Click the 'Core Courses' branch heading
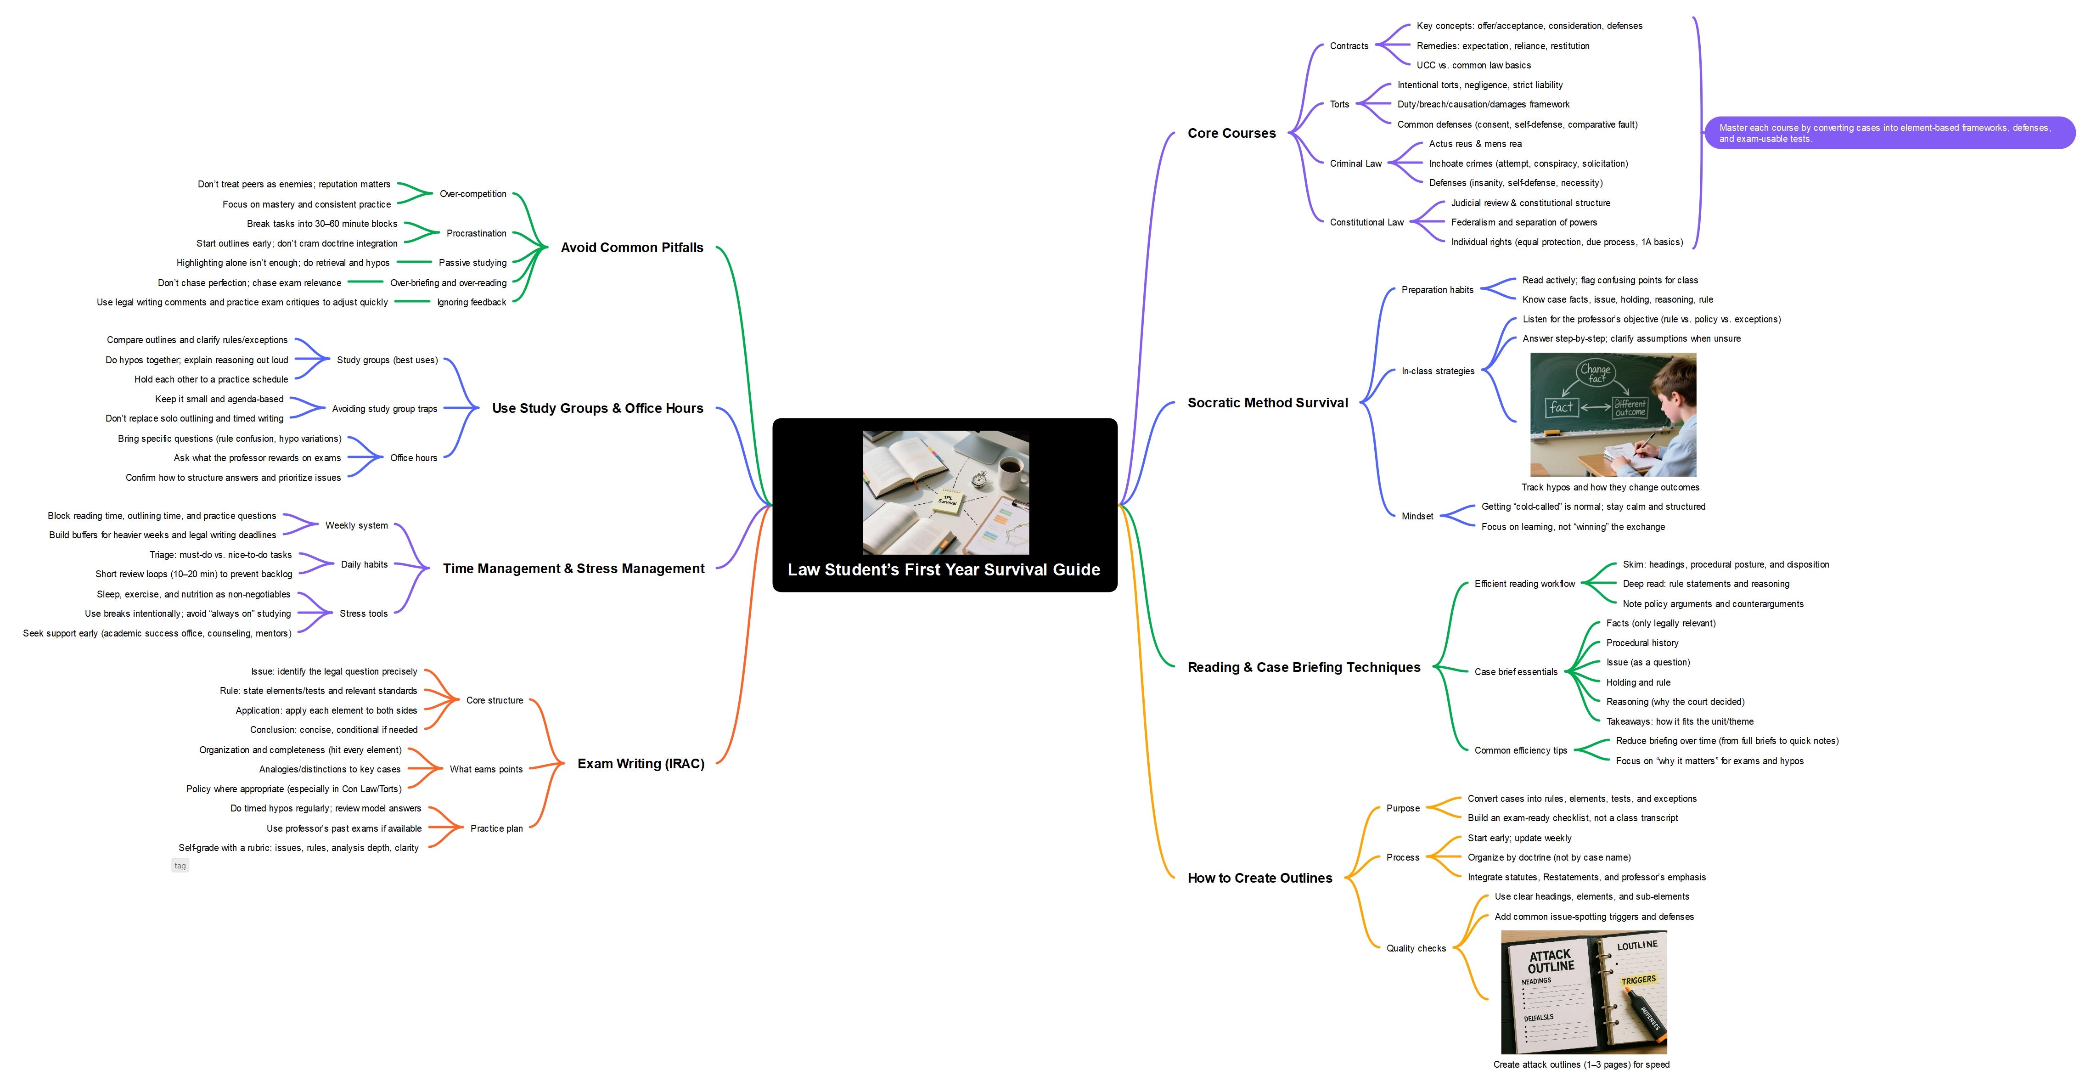point(1231,133)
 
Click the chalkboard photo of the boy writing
point(1613,414)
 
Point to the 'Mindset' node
point(1417,516)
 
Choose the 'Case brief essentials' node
point(1516,672)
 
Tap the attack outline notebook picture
point(1584,992)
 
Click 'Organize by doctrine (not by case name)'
point(1549,857)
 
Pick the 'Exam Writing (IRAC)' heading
point(641,764)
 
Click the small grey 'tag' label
point(180,865)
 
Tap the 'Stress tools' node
point(364,614)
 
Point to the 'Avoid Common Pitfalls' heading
point(631,248)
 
